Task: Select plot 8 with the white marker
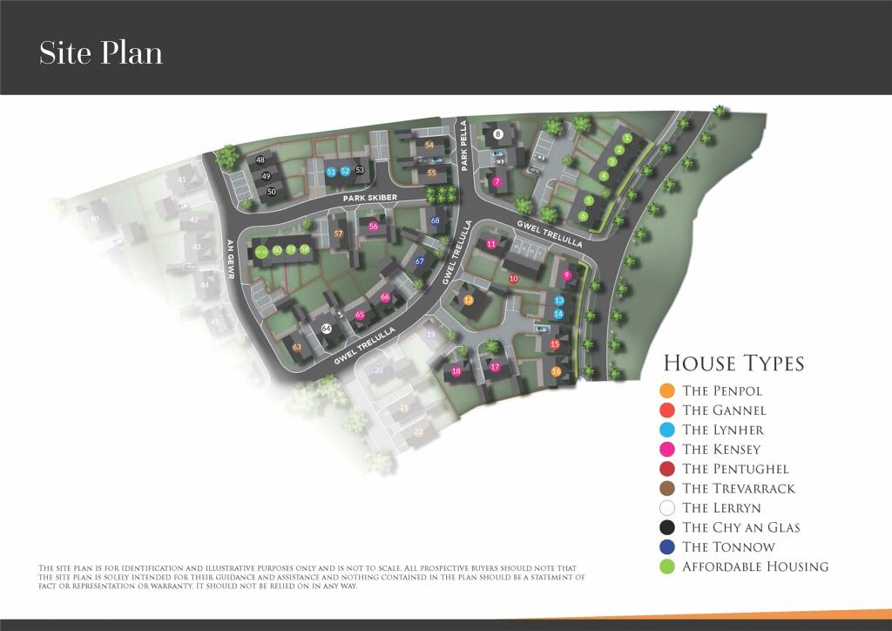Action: pyautogui.click(x=497, y=134)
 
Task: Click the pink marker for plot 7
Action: pyautogui.click(x=497, y=182)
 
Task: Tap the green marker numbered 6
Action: pyautogui.click(x=583, y=215)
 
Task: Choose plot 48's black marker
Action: pyautogui.click(x=260, y=159)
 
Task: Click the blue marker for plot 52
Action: pyautogui.click(x=345, y=172)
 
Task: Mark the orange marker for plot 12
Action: pyautogui.click(x=468, y=301)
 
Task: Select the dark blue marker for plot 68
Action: pyautogui.click(x=435, y=221)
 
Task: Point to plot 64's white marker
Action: pyautogui.click(x=326, y=329)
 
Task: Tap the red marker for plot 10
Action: pyautogui.click(x=513, y=279)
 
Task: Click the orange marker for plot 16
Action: pyautogui.click(x=556, y=372)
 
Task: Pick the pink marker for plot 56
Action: pyautogui.click(x=373, y=227)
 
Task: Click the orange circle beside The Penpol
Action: pyautogui.click(x=667, y=390)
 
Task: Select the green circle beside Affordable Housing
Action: pyautogui.click(x=667, y=567)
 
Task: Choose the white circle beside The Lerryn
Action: pyautogui.click(x=667, y=508)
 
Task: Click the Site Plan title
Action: pyautogui.click(x=101, y=53)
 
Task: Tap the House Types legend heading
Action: pyautogui.click(x=733, y=363)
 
